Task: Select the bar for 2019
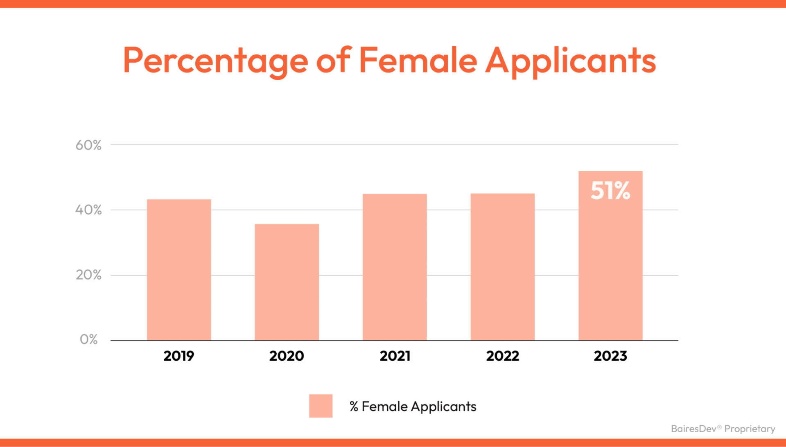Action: point(179,270)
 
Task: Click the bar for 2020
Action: point(287,282)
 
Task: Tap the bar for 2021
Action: point(395,267)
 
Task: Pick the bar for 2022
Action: point(502,267)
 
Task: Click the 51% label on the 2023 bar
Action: point(610,191)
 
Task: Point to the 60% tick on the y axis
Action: point(88,145)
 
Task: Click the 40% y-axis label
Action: point(88,210)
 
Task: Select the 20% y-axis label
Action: point(88,275)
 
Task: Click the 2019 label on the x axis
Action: point(179,356)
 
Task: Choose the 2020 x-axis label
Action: point(287,356)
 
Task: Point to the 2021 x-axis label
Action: point(395,356)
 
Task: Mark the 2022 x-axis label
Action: point(502,356)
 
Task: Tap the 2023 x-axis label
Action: point(610,356)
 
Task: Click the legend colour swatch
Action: point(321,406)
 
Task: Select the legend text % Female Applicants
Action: point(413,406)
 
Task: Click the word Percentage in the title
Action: point(215,61)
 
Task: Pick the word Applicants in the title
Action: point(571,61)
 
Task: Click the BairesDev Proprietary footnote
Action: point(723,429)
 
